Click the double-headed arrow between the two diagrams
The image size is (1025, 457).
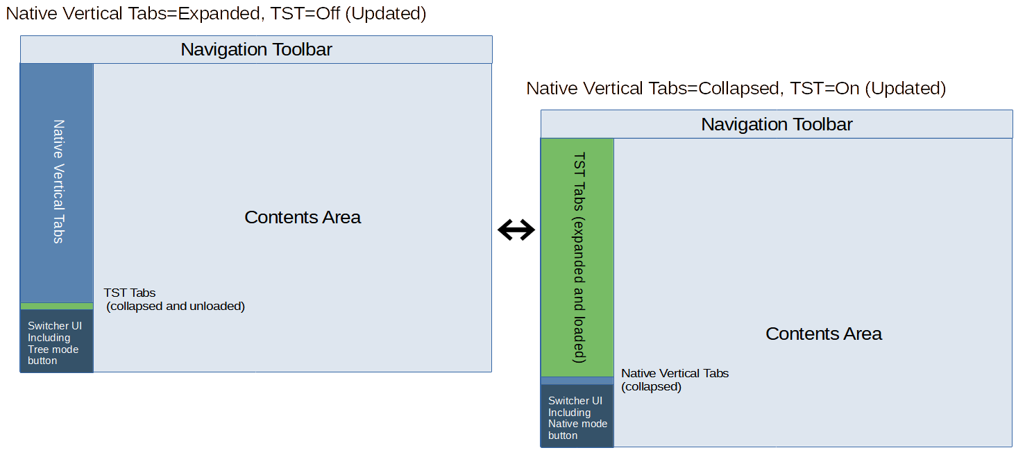pos(516,230)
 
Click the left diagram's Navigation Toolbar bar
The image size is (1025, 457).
pos(256,50)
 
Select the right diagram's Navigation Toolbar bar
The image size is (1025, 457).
pos(777,124)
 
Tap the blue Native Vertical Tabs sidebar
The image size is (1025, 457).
pos(57,182)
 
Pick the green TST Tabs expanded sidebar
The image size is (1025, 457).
pos(577,257)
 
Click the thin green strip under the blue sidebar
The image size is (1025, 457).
pos(57,306)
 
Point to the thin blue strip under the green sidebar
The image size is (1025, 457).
pos(577,381)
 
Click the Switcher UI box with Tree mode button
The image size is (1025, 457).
pos(57,343)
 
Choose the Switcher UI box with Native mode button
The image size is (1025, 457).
pos(577,417)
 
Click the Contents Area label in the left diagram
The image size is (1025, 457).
pos(303,218)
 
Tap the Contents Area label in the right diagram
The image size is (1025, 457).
pos(823,334)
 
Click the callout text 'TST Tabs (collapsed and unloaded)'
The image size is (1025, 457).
pos(174,300)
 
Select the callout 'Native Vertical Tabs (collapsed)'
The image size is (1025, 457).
pos(675,380)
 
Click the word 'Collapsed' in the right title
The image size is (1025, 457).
pos(738,89)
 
